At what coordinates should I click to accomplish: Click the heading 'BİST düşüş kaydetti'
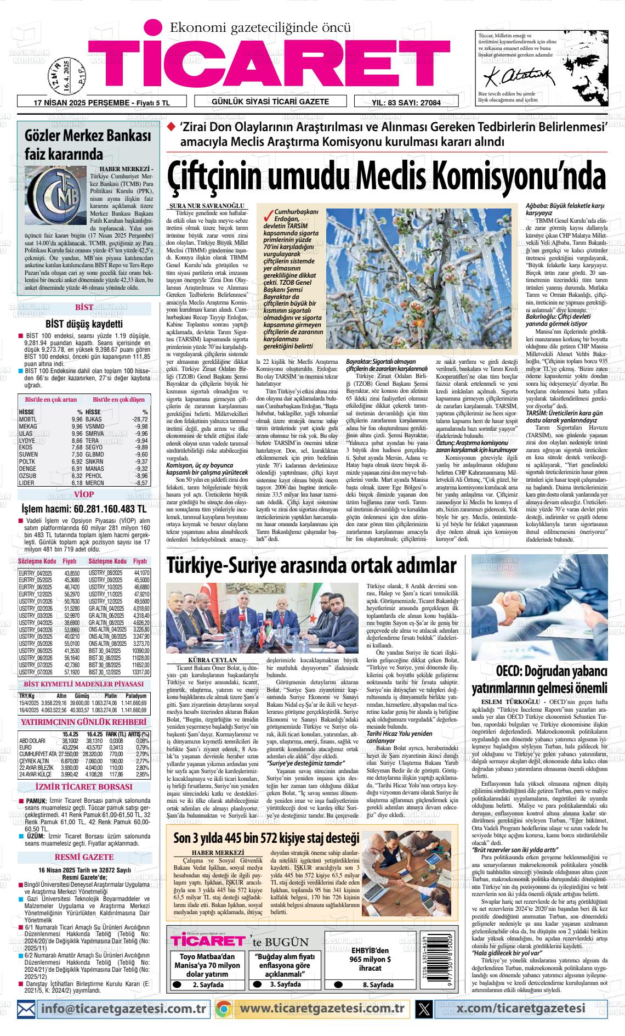pos(84,324)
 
